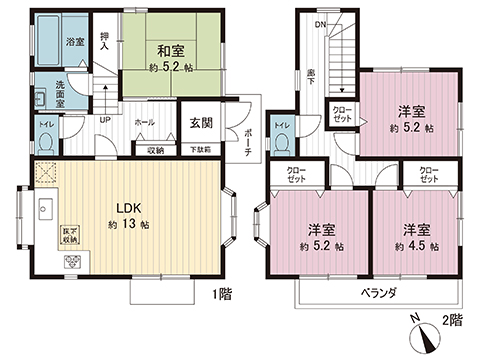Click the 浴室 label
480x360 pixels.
coord(74,42)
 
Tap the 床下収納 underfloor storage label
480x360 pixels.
coord(70,237)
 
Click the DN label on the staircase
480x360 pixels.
coord(322,24)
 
